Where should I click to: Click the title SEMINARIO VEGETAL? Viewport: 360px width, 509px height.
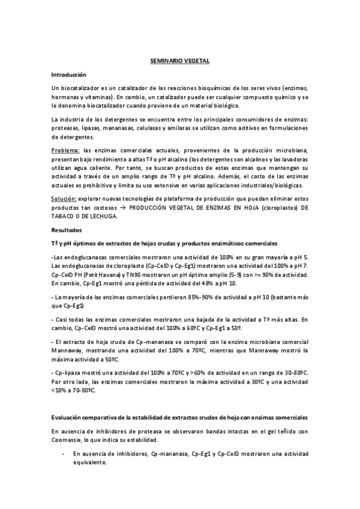click(179, 61)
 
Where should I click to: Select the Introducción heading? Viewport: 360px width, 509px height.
click(70, 74)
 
